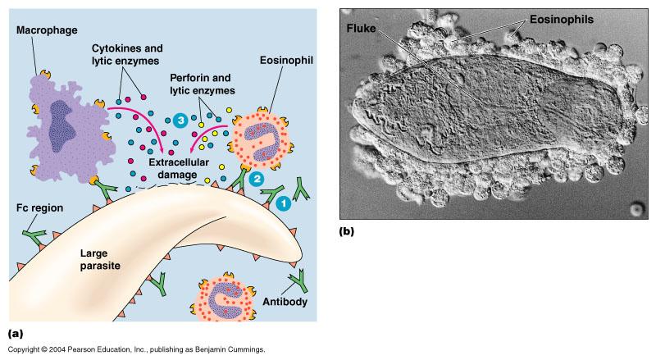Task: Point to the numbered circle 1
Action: tap(282, 203)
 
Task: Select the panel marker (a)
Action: tap(14, 333)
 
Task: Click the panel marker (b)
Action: tap(347, 231)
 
